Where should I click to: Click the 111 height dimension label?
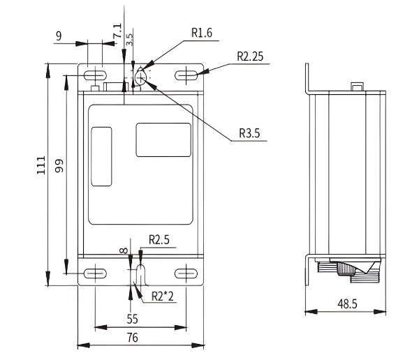(x=41, y=165)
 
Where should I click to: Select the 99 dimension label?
(x=60, y=166)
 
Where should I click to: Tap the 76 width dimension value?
(x=132, y=338)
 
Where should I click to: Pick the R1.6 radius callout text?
(x=202, y=33)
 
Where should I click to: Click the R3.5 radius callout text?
(x=249, y=133)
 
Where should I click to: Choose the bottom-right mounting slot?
(x=185, y=273)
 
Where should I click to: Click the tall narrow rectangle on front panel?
(x=102, y=156)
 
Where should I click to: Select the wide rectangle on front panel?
(x=163, y=139)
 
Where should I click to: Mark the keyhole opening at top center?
(x=141, y=77)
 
